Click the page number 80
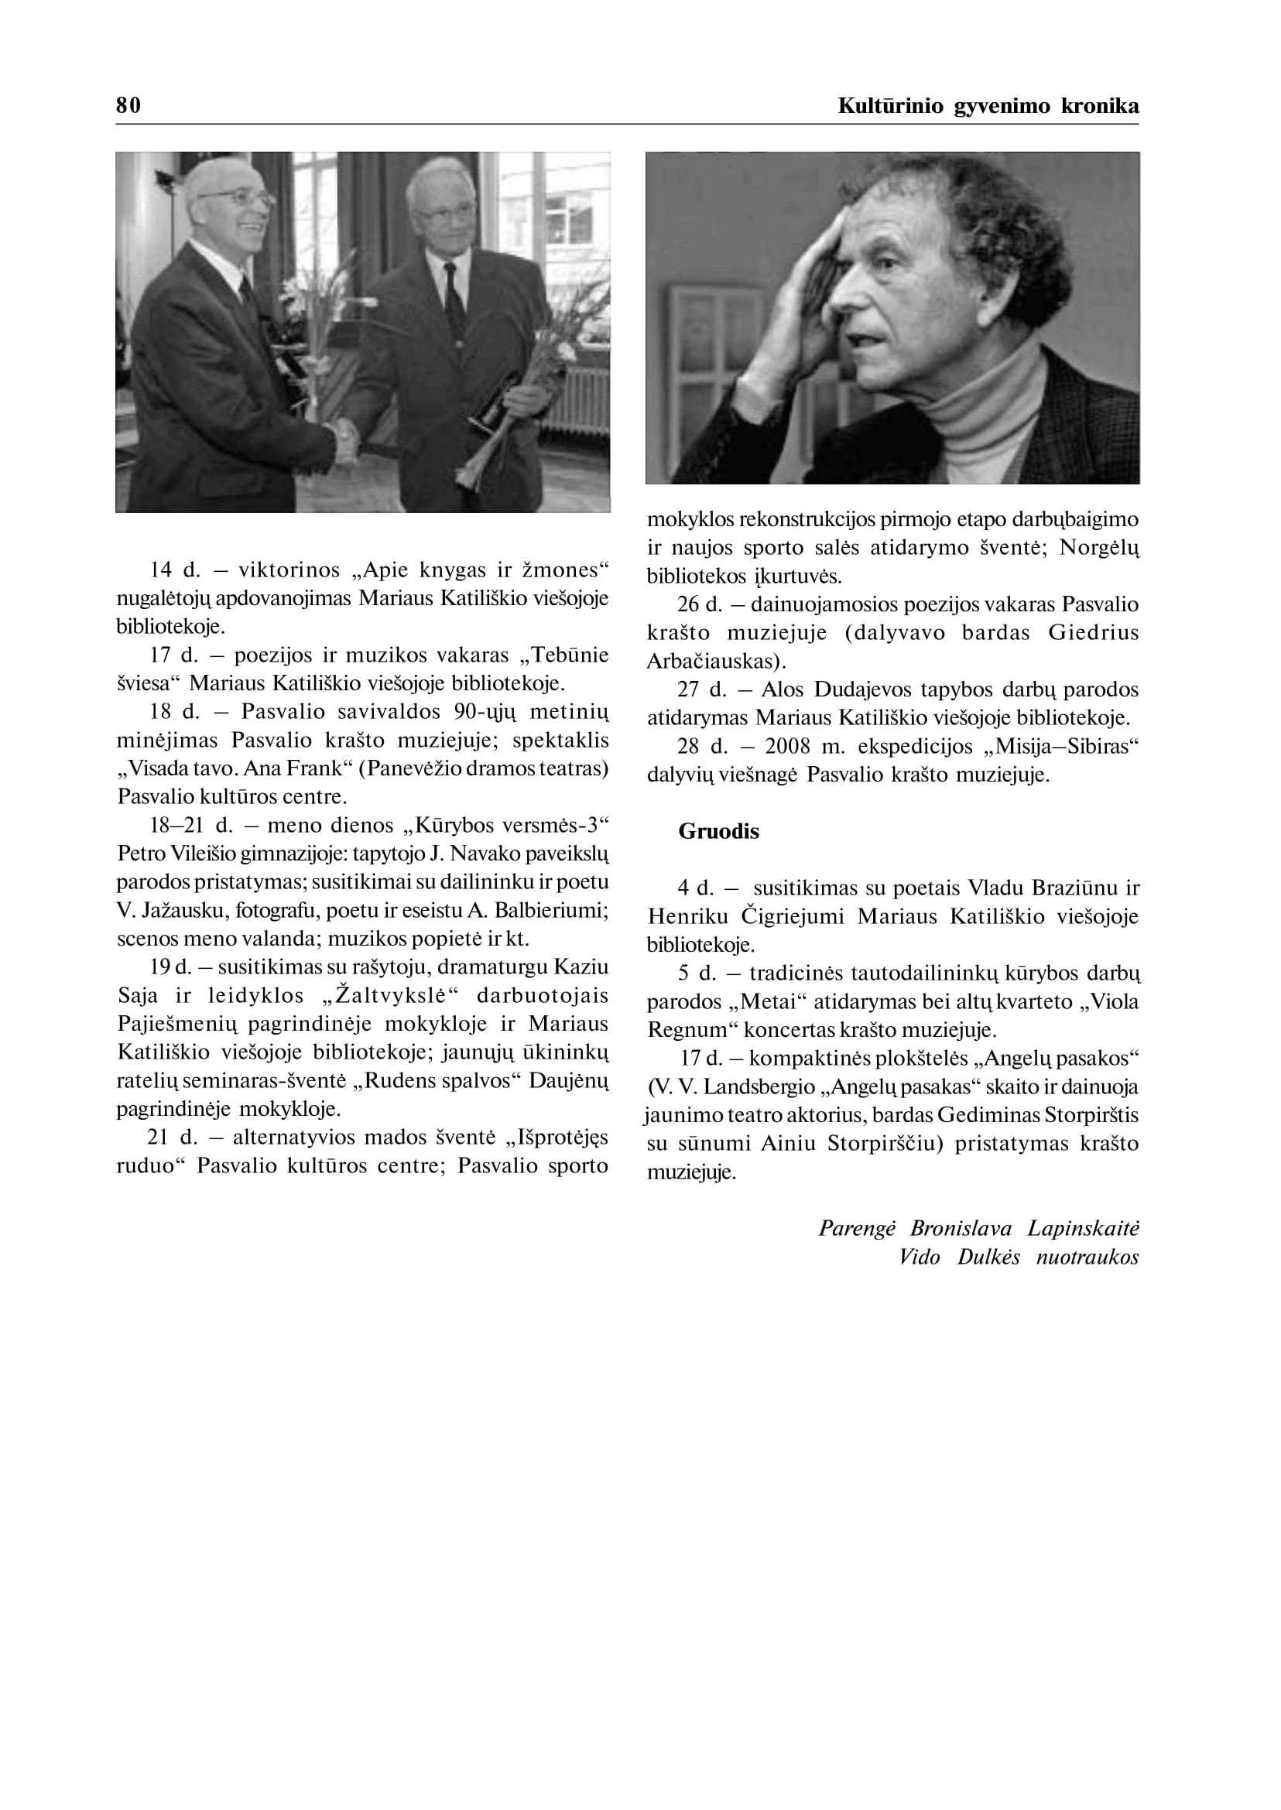pos(128,106)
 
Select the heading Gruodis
pos(718,831)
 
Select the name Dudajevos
pos(863,689)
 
